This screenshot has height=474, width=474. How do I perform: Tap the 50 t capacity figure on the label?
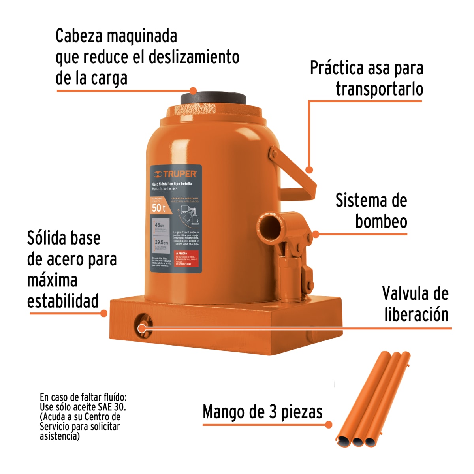pyautogui.click(x=158, y=208)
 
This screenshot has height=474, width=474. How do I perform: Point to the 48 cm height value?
pyautogui.click(x=160, y=225)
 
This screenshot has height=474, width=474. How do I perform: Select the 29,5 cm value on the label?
pyautogui.click(x=161, y=242)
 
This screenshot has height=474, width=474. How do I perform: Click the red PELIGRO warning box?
pyautogui.click(x=186, y=259)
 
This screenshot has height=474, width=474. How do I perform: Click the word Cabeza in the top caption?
pyautogui.click(x=79, y=36)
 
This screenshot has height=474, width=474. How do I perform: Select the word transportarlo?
pyautogui.click(x=379, y=89)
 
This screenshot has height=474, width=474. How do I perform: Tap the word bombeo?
pyautogui.click(x=381, y=221)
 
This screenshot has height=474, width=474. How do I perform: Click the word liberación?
pyautogui.click(x=416, y=315)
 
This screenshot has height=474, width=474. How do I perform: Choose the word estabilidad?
pyautogui.click(x=63, y=301)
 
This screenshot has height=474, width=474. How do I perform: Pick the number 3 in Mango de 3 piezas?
pyautogui.click(x=273, y=412)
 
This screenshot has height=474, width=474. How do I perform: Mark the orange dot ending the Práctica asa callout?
pyautogui.click(x=310, y=170)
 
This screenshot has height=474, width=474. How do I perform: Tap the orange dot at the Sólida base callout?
pyautogui.click(x=104, y=313)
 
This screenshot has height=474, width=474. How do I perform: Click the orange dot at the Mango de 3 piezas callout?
pyautogui.click(x=329, y=425)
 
